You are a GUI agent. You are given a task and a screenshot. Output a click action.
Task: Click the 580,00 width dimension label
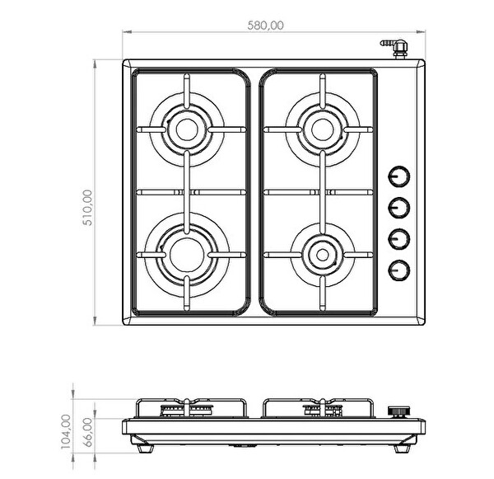click(265, 26)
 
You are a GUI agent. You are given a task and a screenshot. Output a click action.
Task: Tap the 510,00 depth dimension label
click(87, 207)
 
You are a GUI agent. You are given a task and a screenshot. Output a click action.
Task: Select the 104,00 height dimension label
click(66, 431)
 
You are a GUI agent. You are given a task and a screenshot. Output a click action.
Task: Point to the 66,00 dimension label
click(89, 432)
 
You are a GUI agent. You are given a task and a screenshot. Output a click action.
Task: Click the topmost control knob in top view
click(398, 176)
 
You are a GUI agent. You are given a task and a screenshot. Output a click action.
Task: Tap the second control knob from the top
click(398, 208)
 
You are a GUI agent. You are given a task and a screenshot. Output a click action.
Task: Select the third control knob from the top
click(398, 239)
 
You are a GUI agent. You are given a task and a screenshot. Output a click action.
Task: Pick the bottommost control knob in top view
click(398, 270)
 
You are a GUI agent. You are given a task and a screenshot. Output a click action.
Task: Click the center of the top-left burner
click(187, 129)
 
